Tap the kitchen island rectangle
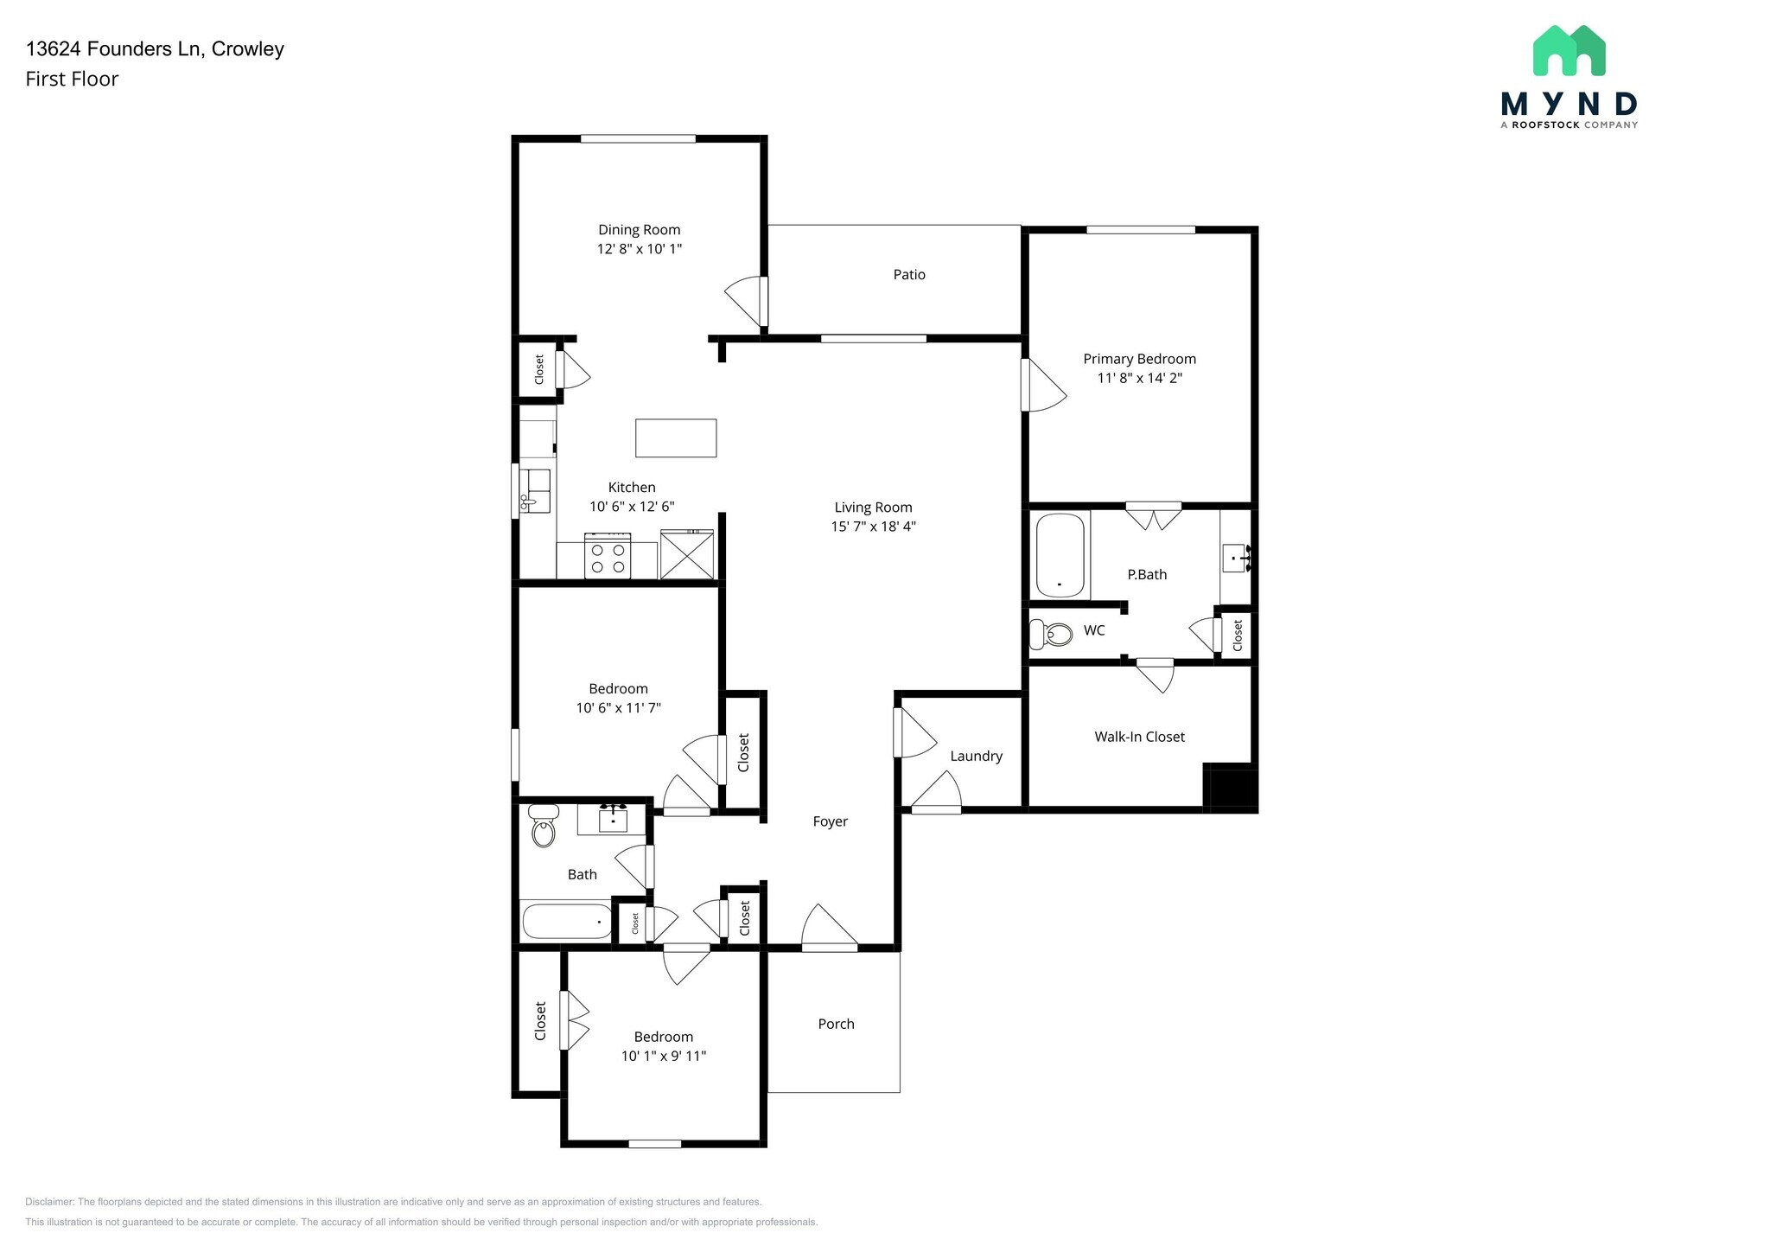(676, 438)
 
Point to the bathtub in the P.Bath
(1060, 555)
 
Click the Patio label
(909, 275)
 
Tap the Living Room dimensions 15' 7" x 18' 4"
(873, 527)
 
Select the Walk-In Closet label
(1139, 737)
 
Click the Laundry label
(976, 756)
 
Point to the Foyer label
(830, 821)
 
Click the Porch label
(836, 1024)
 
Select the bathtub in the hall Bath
(566, 922)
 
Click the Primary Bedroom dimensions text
(1139, 378)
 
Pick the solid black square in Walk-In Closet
(1230, 787)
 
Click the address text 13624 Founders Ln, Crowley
(155, 49)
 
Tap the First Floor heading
(72, 80)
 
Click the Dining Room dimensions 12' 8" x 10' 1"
(640, 249)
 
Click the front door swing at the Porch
(828, 927)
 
